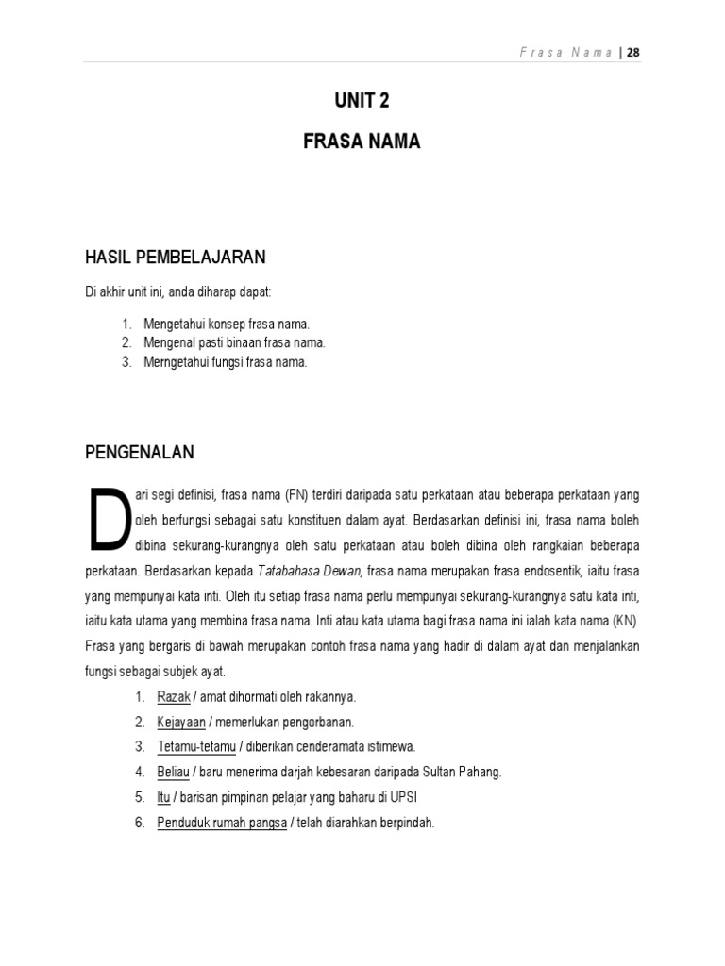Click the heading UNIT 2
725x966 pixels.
[x=362, y=102]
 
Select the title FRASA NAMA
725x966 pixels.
[x=362, y=142]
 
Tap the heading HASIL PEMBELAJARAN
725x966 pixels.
[x=175, y=257]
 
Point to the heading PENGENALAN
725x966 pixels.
[x=140, y=453]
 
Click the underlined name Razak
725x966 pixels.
[x=174, y=697]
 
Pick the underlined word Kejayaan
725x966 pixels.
[x=182, y=723]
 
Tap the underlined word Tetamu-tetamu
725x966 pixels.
[x=196, y=747]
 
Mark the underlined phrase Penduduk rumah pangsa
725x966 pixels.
[x=222, y=823]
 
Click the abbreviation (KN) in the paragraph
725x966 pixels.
[x=625, y=622]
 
